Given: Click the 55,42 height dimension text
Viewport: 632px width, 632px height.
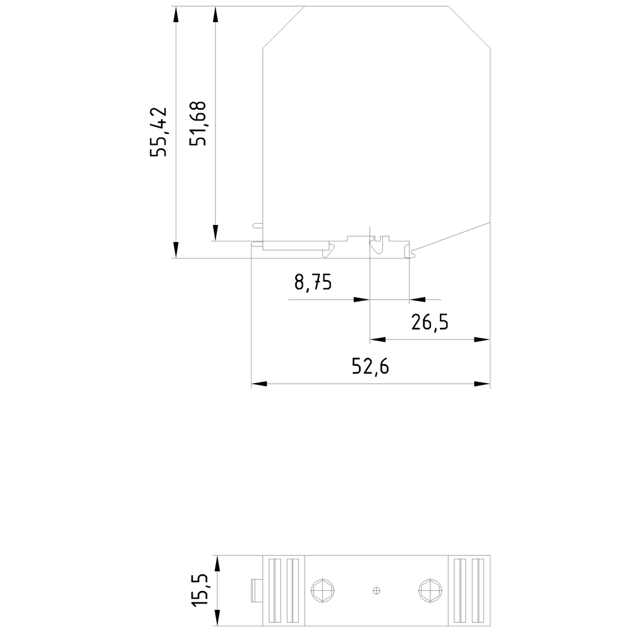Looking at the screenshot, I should [158, 131].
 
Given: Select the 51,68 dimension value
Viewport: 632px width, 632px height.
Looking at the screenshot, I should [200, 123].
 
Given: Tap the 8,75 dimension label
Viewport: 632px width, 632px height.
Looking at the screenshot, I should [313, 282].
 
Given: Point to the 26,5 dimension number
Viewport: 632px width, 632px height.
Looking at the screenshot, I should [430, 323].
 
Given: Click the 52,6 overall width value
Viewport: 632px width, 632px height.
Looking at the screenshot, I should [370, 367].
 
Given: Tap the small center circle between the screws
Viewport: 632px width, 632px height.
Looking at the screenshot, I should [377, 591].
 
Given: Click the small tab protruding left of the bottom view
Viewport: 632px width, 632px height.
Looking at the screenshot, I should [256, 591].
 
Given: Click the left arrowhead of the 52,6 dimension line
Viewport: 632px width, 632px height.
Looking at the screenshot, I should [258, 384].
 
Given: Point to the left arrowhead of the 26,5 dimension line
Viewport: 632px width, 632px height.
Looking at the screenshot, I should [376, 340].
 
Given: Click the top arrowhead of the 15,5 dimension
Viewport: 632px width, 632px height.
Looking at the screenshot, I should [217, 562].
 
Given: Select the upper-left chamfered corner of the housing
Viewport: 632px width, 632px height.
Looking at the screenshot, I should [283, 26].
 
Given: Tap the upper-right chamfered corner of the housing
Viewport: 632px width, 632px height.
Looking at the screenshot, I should [470, 25].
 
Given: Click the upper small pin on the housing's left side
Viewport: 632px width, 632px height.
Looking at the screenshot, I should [257, 224].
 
